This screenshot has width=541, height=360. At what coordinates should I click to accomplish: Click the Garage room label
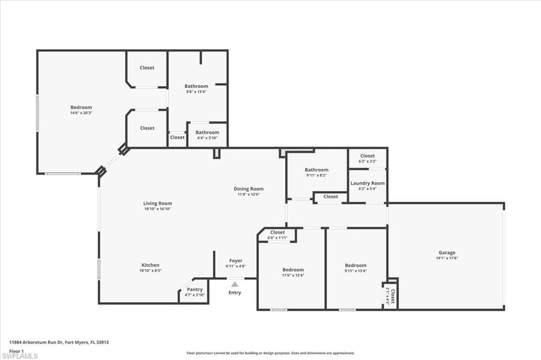click(446, 253)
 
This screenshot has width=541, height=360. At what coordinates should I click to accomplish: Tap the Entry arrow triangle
click(235, 285)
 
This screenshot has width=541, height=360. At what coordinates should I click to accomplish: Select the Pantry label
click(195, 289)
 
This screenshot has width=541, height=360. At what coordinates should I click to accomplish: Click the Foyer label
click(236, 261)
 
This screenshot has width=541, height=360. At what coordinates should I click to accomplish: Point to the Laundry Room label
click(368, 183)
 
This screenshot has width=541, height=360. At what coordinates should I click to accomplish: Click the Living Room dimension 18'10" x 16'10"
click(157, 209)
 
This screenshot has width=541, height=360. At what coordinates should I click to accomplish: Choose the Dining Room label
click(248, 189)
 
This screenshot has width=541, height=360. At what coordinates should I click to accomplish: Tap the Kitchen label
click(151, 265)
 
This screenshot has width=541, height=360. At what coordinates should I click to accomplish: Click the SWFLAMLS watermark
click(20, 356)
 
